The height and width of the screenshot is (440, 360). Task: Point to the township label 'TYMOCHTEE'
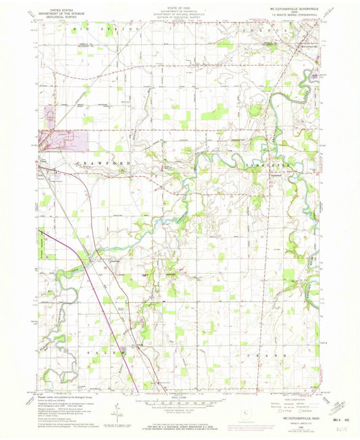tap(268, 164)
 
